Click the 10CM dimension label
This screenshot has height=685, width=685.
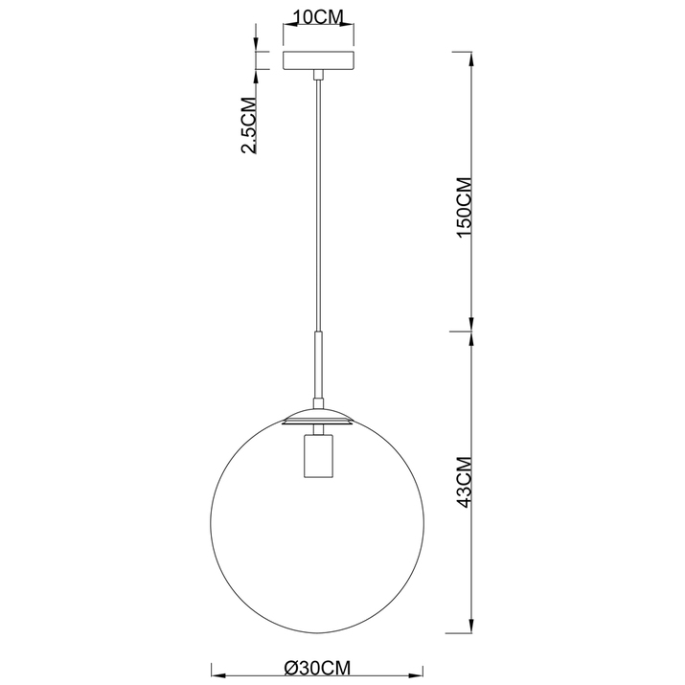coord(318,17)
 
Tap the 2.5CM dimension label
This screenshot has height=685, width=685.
coord(248,125)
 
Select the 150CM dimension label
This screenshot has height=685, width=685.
coord(464,207)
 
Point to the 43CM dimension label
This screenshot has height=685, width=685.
coord(464,482)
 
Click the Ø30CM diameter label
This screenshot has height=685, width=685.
coord(318,668)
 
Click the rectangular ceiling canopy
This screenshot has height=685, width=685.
coord(318,60)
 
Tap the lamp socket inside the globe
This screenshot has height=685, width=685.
coord(318,456)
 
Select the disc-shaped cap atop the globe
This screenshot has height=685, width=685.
coord(318,417)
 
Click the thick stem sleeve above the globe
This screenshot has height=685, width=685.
coord(318,366)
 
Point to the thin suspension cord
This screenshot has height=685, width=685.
coord(318,205)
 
